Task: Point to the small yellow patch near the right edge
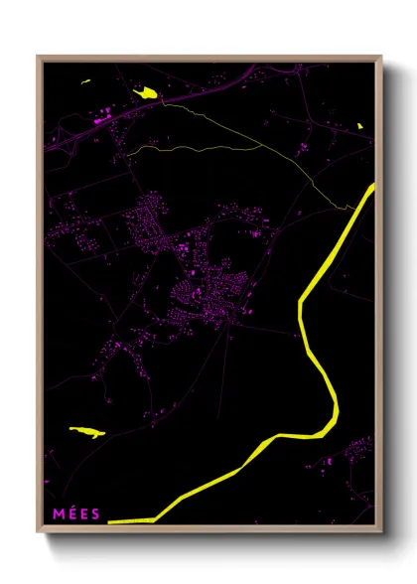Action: [359, 126]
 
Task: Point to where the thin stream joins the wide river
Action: [355, 208]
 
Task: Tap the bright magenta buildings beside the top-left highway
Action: [100, 120]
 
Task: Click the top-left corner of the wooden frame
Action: [38, 57]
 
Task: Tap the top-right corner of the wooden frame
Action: [381, 57]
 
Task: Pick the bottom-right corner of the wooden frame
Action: [381, 532]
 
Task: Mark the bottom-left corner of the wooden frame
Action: [38, 532]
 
